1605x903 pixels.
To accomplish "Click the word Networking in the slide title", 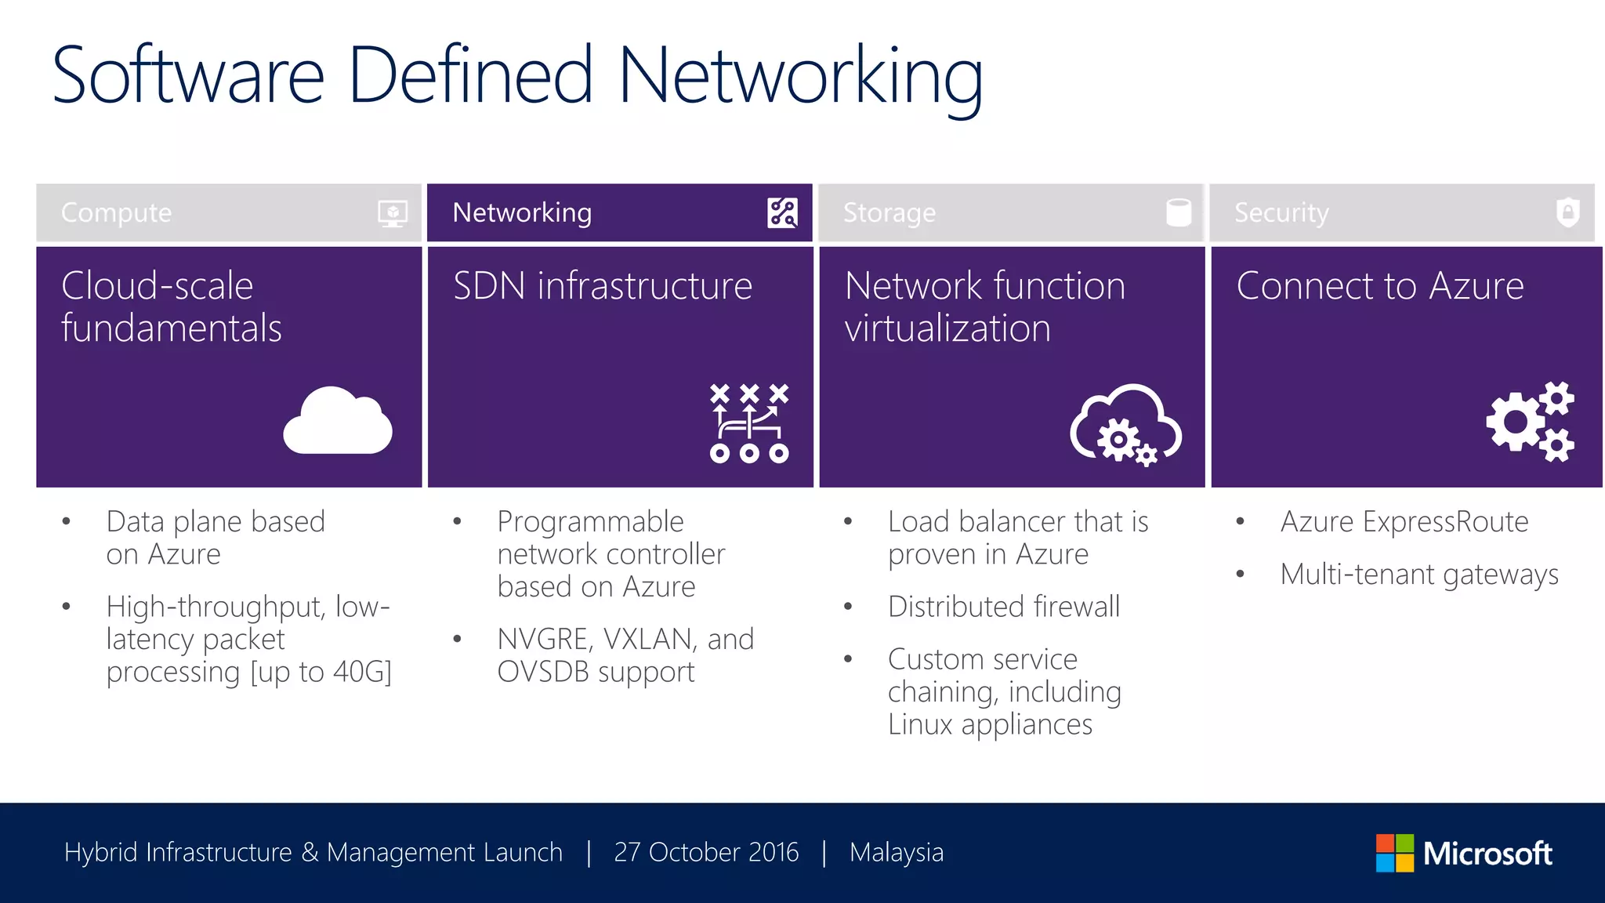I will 800,76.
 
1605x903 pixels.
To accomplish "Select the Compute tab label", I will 116,213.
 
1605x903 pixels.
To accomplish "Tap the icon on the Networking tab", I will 782,212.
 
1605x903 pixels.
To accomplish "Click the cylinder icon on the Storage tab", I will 1178,212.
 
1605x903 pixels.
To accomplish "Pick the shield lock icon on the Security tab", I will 1567,212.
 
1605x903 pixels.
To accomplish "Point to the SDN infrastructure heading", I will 602,286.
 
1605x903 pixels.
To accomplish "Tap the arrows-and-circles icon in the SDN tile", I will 749,423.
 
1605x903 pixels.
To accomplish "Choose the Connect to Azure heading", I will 1379,286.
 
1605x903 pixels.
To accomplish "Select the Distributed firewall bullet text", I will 1004,607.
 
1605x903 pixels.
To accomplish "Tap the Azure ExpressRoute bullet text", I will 1404,522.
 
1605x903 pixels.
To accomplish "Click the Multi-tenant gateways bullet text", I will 1418,575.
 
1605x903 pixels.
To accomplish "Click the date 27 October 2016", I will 706,852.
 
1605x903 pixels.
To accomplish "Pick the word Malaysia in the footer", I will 897,852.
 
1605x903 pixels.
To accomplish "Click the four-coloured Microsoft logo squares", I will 1394,853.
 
